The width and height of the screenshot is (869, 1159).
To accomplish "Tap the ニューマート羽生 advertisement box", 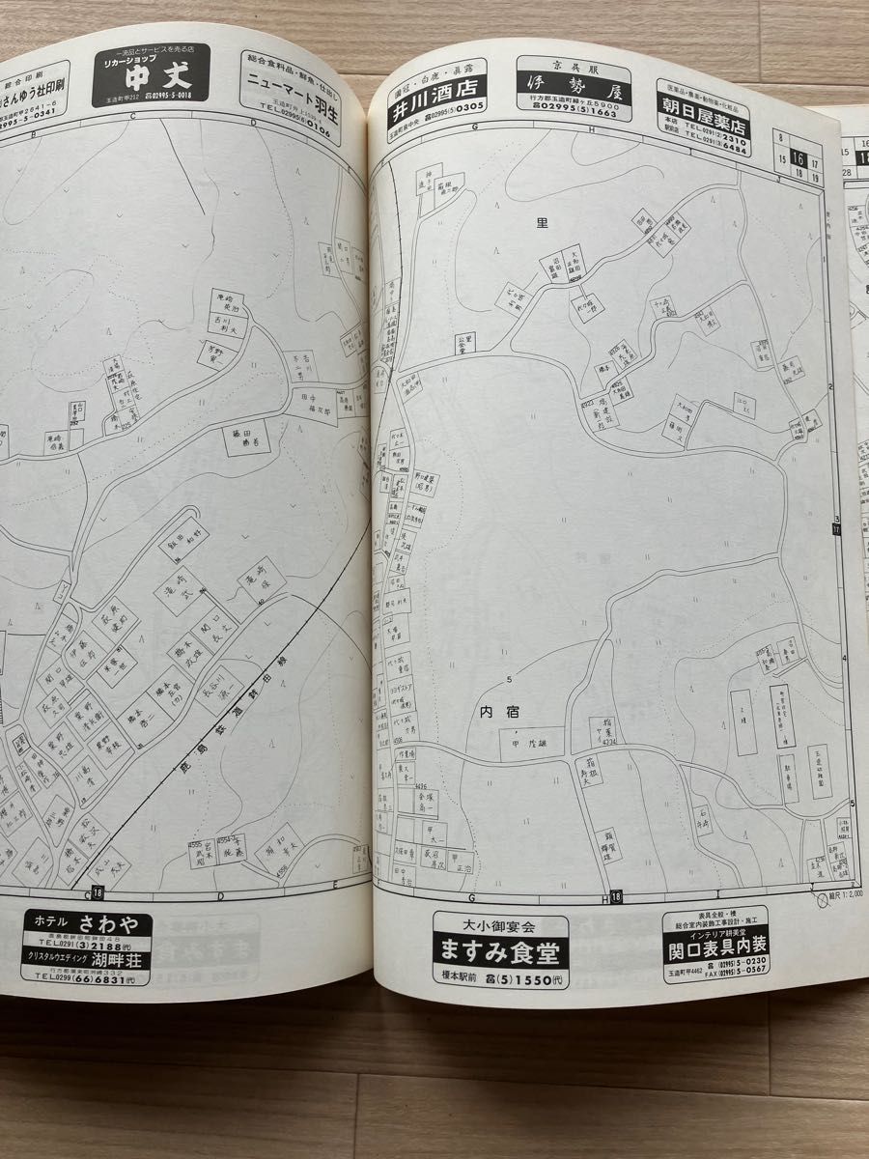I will [290, 97].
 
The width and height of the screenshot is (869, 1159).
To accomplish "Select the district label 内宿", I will [499, 712].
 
